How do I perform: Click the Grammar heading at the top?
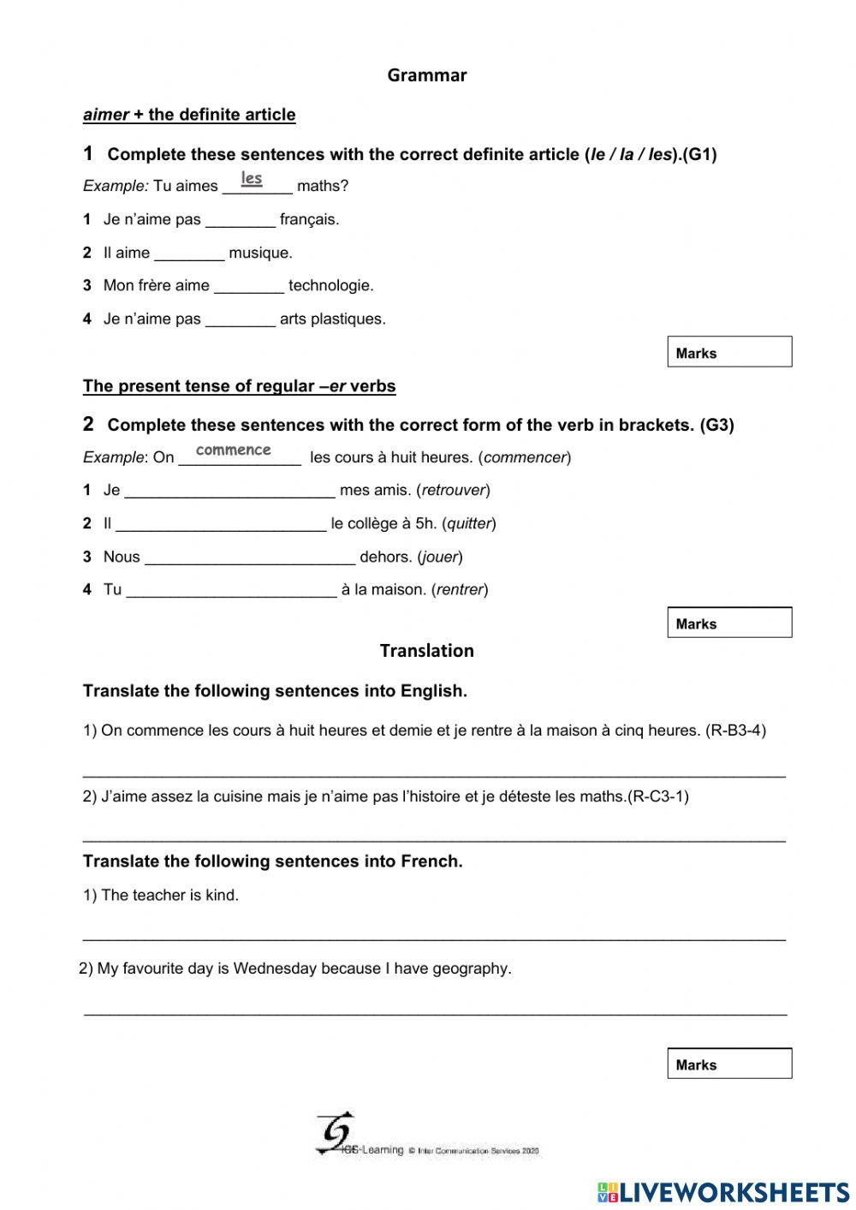point(426,75)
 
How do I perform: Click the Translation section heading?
point(426,651)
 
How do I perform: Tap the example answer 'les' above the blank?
point(252,178)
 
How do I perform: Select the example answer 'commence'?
point(233,450)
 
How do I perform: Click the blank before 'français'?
point(241,219)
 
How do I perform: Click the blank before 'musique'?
point(189,253)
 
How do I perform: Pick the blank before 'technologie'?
point(249,285)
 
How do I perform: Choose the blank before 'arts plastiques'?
point(241,319)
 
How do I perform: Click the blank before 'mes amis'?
point(229,490)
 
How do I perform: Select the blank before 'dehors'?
point(250,557)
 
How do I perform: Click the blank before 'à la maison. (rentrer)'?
point(231,589)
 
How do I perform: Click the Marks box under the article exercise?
point(729,352)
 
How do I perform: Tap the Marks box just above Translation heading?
point(729,623)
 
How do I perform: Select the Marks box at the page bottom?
point(729,1064)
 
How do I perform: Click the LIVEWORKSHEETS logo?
point(723,1191)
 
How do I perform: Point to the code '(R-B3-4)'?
point(735,730)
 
